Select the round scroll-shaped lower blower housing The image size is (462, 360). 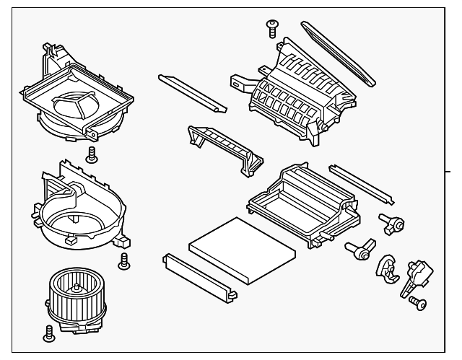[x=72, y=214]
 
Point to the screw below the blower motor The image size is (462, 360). [x=48, y=332]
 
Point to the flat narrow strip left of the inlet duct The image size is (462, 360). [x=191, y=92]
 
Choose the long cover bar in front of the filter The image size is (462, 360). [x=199, y=278]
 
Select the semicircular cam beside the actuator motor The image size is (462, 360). [x=387, y=269]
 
